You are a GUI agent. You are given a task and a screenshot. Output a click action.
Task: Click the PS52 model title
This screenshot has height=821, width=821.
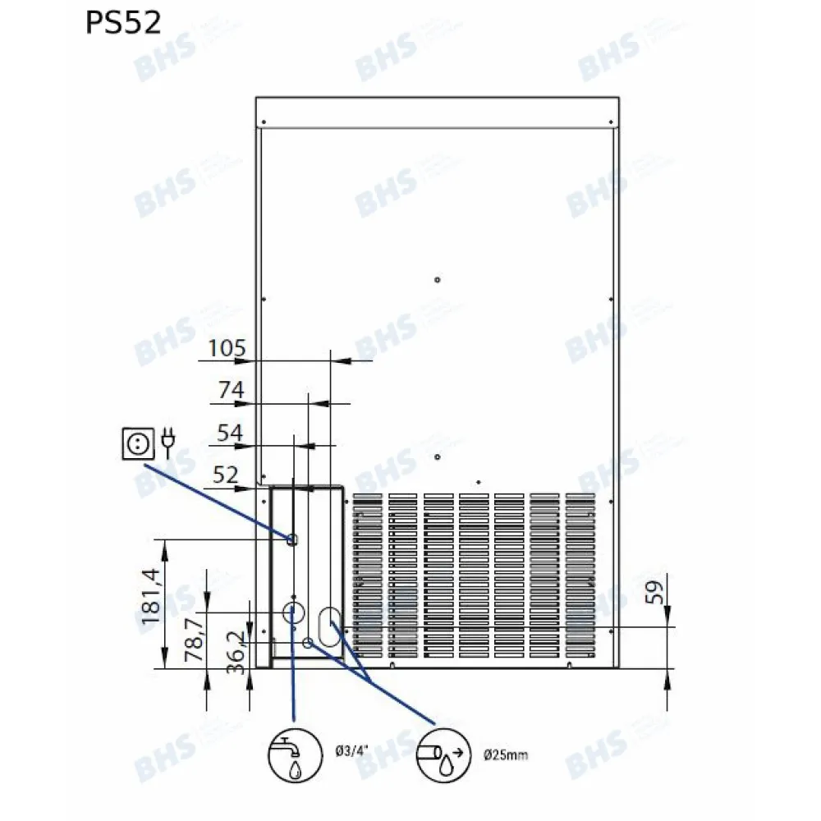coord(122,23)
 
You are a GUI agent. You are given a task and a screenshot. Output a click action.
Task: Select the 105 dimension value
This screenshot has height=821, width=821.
coord(227,349)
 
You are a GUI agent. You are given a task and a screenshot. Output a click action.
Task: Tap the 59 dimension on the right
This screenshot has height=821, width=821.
coord(654,592)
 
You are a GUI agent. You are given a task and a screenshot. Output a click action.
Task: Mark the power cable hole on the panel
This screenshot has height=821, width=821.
coord(291,539)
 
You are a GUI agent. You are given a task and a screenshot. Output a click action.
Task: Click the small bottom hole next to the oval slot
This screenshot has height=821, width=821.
coord(307,642)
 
